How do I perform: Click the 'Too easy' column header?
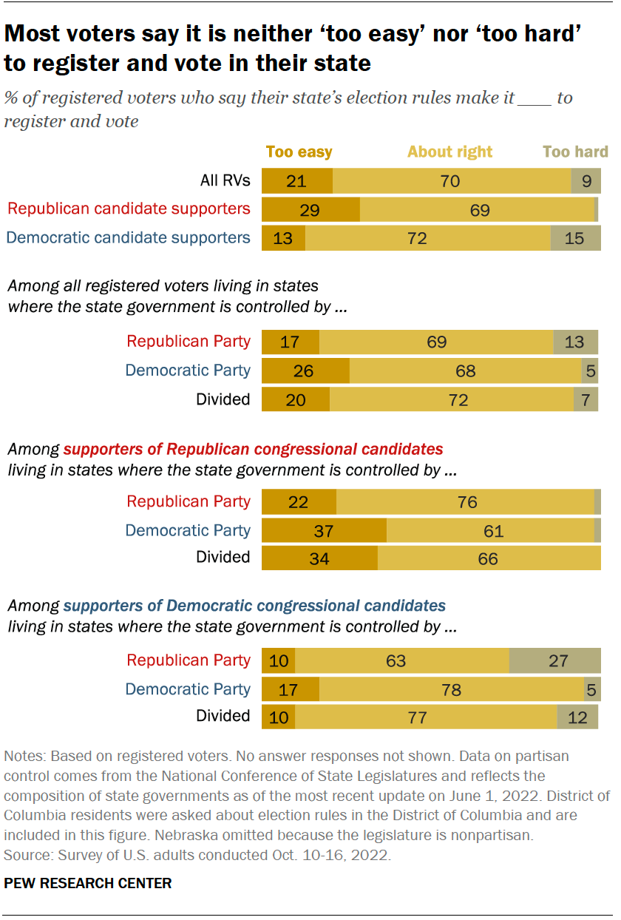(x=299, y=152)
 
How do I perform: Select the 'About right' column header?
(x=449, y=152)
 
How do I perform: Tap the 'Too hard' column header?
(x=575, y=152)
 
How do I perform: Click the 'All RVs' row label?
(x=225, y=180)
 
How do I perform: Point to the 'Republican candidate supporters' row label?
(x=129, y=209)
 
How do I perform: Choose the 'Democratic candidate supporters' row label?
(x=129, y=237)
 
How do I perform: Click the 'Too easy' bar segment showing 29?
(x=310, y=210)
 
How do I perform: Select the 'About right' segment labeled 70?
(x=451, y=181)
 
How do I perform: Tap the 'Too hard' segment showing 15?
(x=575, y=238)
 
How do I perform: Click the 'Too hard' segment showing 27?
(x=555, y=660)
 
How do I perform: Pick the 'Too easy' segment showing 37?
(x=324, y=531)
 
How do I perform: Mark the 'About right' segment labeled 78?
(x=451, y=690)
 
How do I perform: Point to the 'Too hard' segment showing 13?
(x=575, y=342)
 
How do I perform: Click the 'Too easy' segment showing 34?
(x=319, y=558)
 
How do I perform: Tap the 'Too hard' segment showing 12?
(x=577, y=717)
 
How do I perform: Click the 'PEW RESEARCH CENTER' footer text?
(x=88, y=883)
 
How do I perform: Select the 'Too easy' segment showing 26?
(x=305, y=371)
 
